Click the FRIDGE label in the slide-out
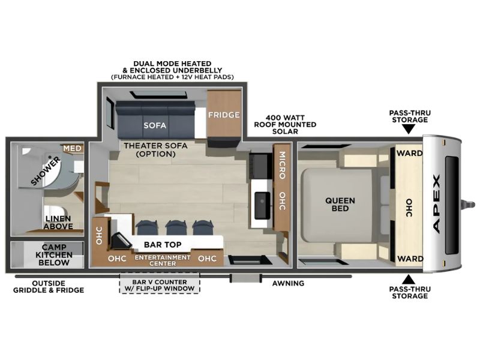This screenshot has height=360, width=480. (224, 115)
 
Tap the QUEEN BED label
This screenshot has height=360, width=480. (340, 205)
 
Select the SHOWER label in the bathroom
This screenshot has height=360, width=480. (46, 171)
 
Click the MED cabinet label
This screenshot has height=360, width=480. (73, 148)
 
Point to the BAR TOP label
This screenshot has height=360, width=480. (163, 245)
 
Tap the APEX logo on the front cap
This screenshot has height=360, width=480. (437, 203)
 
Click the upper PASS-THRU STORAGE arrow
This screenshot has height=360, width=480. (408, 130)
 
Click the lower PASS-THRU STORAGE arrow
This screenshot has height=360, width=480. (408, 280)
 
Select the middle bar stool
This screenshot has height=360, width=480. (176, 227)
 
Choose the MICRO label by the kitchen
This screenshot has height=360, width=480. (282, 166)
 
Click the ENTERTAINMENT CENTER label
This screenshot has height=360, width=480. (163, 260)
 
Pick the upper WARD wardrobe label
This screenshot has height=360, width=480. (409, 153)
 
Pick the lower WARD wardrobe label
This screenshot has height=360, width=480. (410, 259)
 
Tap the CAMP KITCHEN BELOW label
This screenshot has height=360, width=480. (54, 254)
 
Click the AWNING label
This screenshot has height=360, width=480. (288, 283)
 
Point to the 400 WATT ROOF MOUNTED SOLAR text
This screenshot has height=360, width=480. (285, 124)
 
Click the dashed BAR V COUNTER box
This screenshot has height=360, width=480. (160, 283)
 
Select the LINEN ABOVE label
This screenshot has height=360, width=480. (58, 223)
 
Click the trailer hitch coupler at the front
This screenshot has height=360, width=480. (469, 204)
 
